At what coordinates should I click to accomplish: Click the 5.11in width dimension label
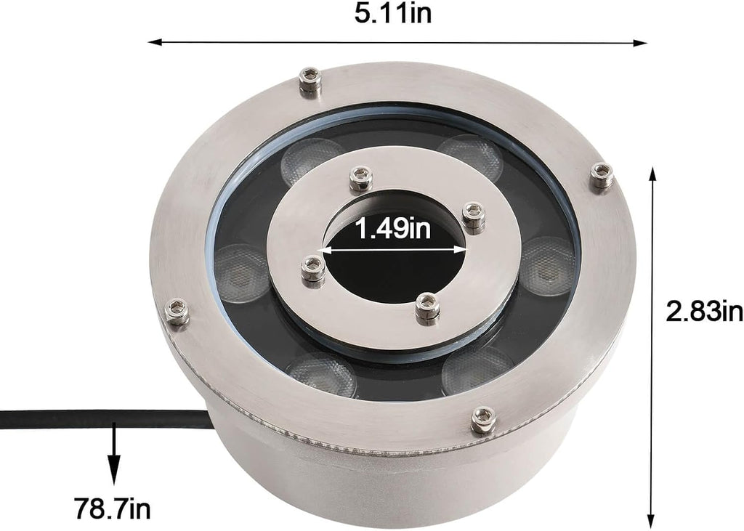pyautogui.click(x=393, y=14)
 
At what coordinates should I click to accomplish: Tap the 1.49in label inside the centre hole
pyautogui.click(x=393, y=228)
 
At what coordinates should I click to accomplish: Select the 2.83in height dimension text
pyautogui.click(x=704, y=312)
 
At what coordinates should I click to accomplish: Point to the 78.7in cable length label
pyautogui.click(x=112, y=508)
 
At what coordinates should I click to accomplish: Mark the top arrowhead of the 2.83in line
pyautogui.click(x=653, y=175)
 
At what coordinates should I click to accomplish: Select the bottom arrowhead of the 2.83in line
pyautogui.click(x=652, y=519)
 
